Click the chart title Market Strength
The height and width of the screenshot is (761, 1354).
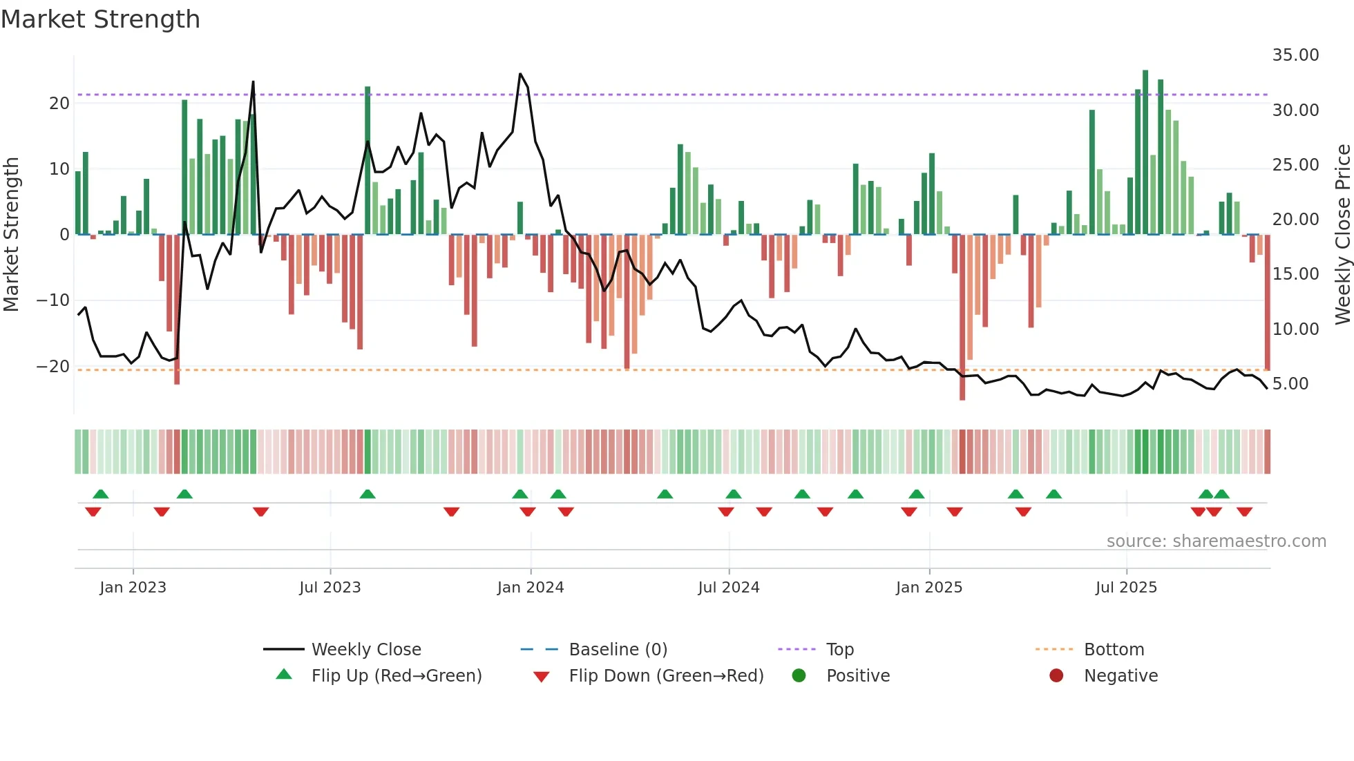pyautogui.click(x=100, y=19)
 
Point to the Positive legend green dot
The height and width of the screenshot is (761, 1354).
pyautogui.click(x=799, y=675)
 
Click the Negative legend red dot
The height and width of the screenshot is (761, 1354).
pyautogui.click(x=1056, y=675)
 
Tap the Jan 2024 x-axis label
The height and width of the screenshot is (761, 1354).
pyautogui.click(x=530, y=587)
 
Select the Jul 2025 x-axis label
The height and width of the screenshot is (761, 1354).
pyautogui.click(x=1125, y=587)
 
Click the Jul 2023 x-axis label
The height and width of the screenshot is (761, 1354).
pyautogui.click(x=330, y=587)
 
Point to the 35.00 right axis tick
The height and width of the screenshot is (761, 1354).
pyautogui.click(x=1295, y=55)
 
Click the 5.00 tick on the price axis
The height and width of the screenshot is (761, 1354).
pyautogui.click(x=1290, y=383)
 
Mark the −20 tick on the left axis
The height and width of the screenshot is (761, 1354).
pyautogui.click(x=53, y=366)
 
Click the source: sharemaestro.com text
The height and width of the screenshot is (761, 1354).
pyautogui.click(x=1216, y=541)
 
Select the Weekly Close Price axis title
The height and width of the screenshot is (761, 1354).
pyautogui.click(x=1342, y=235)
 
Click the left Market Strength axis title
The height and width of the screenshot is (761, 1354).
pyautogui.click(x=11, y=235)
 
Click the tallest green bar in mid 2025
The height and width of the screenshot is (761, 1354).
pyautogui.click(x=1145, y=152)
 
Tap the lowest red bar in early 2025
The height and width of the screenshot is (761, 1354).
pyautogui.click(x=962, y=318)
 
